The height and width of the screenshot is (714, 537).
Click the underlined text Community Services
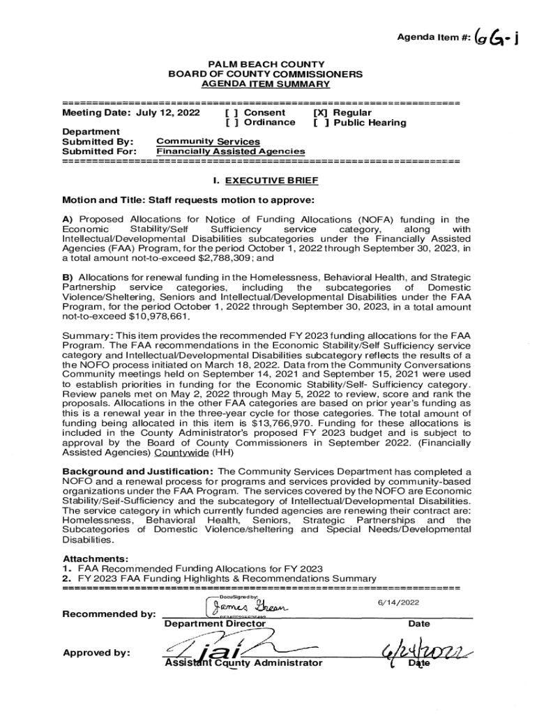pos(208,142)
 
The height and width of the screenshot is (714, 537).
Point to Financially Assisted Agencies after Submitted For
pos(230,151)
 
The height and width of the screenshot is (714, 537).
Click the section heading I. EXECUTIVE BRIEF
pos(265,181)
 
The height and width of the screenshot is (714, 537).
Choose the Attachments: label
pos(86,559)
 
